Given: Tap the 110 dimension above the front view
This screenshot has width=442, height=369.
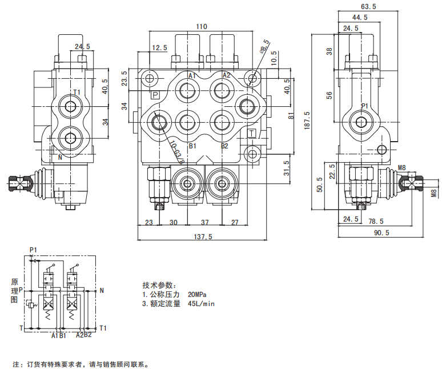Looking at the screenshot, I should pyautogui.click(x=201, y=26).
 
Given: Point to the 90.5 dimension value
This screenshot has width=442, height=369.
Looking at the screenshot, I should pyautogui.click(x=381, y=232).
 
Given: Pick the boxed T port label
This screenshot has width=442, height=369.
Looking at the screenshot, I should pyautogui.click(x=252, y=133).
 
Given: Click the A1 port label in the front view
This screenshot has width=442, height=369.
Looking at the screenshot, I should pyautogui.click(x=192, y=75).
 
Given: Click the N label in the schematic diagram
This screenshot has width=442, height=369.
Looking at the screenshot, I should pyautogui.click(x=101, y=290).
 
